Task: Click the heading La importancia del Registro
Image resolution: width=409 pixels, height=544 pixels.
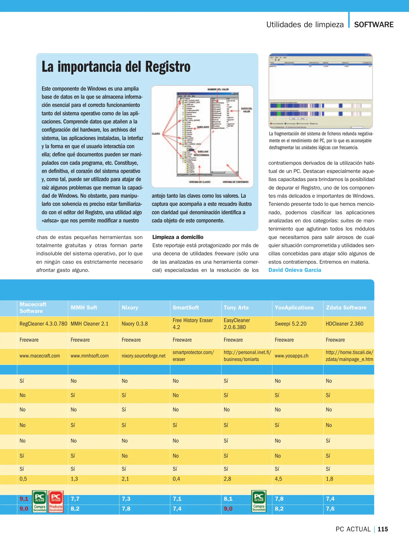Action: [116, 67]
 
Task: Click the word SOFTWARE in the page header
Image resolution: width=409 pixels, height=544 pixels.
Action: [374, 25]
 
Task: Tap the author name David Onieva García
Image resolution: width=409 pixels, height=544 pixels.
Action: [294, 270]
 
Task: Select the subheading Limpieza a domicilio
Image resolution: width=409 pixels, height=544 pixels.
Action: [178, 237]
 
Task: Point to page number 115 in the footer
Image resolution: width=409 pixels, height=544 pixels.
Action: [383, 529]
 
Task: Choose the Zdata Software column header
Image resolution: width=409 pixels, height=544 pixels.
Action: [346, 308]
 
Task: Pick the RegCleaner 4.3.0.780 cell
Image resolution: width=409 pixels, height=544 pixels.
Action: [43, 324]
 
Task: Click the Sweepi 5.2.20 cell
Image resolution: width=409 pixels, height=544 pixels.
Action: [290, 324]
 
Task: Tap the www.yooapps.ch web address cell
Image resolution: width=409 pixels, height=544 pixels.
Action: [291, 356]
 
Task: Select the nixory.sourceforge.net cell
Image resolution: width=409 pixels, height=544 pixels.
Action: [143, 356]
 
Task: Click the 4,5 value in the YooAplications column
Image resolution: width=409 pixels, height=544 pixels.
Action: [278, 479]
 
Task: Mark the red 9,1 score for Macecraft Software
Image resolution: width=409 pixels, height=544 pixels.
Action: [24, 499]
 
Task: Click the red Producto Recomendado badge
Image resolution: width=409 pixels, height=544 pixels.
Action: [56, 501]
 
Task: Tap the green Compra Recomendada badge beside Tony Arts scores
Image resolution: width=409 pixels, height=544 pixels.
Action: [259, 501]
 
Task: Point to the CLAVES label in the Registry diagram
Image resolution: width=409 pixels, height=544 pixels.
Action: [156, 134]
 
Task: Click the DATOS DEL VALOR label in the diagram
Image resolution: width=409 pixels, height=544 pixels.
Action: [246, 110]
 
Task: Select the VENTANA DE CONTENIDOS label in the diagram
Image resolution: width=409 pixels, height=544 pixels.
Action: [235, 182]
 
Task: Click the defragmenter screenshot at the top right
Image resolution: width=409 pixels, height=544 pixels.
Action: [320, 91]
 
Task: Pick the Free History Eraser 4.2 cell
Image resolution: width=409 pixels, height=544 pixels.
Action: [193, 324]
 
